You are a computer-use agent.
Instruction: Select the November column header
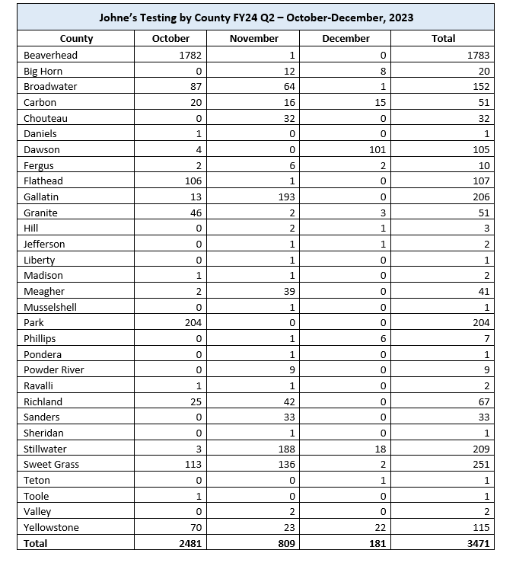pyautogui.click(x=253, y=39)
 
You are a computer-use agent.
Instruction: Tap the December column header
pyautogui.click(x=346, y=39)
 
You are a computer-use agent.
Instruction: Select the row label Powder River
pyautogui.click(x=54, y=369)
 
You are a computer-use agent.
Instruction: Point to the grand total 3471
pyautogui.click(x=477, y=543)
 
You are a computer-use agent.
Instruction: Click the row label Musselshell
pyautogui.click(x=50, y=307)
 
